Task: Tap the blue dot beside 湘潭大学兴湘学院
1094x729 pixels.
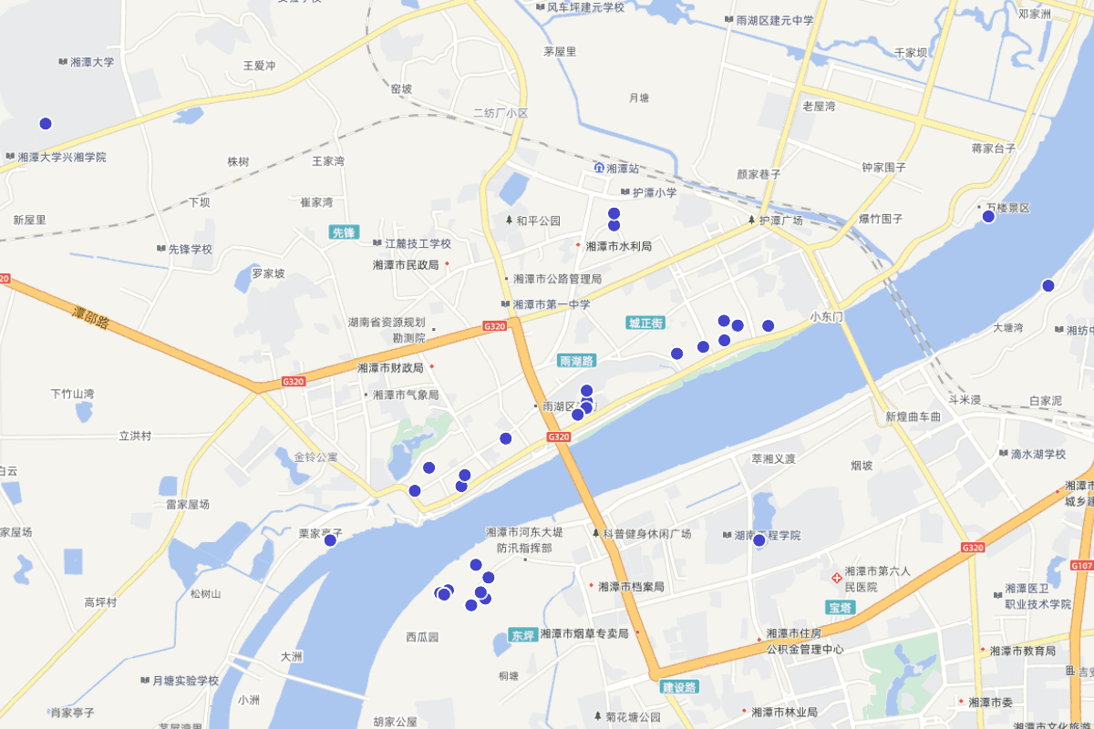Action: click(x=46, y=124)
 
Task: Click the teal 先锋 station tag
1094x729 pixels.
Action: click(x=344, y=232)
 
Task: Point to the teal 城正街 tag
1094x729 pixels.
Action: click(x=646, y=323)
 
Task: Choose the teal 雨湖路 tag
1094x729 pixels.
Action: click(x=576, y=361)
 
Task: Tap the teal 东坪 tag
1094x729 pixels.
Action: click(x=522, y=635)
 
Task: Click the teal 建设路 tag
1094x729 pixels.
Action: click(x=678, y=686)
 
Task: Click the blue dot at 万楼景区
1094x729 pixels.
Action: click(x=988, y=216)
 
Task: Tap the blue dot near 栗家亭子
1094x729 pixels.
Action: click(x=330, y=540)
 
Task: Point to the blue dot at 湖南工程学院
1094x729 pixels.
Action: click(x=759, y=540)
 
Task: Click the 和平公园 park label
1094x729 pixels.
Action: click(x=538, y=221)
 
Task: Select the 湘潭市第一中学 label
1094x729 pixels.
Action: click(x=551, y=304)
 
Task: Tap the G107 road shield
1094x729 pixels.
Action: click(x=1082, y=566)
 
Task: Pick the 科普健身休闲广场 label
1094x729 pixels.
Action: click(x=646, y=533)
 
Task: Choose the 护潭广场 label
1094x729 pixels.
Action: click(x=780, y=221)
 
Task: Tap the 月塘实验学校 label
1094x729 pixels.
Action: click(x=184, y=681)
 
